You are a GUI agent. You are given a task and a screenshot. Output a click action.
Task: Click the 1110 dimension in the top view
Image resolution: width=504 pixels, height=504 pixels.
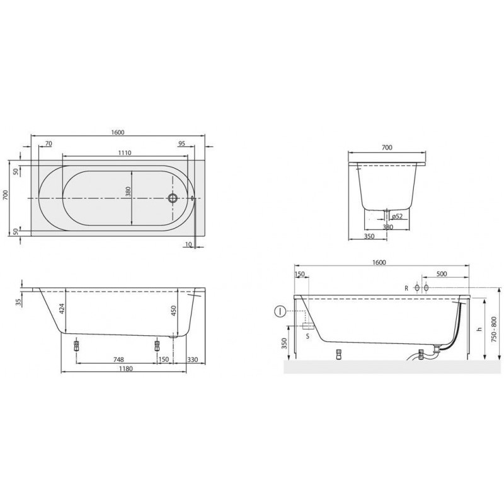(x=124, y=152)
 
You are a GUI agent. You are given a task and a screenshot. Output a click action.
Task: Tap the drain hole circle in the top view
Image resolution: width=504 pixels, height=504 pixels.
(x=173, y=198)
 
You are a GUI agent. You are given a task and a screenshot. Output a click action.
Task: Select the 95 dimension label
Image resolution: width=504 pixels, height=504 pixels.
(x=181, y=144)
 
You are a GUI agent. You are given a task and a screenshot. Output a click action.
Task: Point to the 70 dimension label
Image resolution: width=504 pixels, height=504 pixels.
(x=49, y=144)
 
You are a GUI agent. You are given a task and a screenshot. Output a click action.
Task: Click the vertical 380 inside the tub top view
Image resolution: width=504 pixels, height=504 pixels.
(x=129, y=192)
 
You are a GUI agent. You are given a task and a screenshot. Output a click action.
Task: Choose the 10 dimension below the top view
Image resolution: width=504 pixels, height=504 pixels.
(x=188, y=244)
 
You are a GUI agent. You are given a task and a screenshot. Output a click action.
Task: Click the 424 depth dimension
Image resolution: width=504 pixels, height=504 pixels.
(x=62, y=309)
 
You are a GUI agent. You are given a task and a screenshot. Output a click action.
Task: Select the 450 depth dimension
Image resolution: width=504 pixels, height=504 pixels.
(x=174, y=311)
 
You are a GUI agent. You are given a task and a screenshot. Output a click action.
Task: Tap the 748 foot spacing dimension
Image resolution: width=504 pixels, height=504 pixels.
(x=118, y=359)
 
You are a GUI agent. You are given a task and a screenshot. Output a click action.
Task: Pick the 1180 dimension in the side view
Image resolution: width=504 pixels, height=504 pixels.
(x=125, y=369)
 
